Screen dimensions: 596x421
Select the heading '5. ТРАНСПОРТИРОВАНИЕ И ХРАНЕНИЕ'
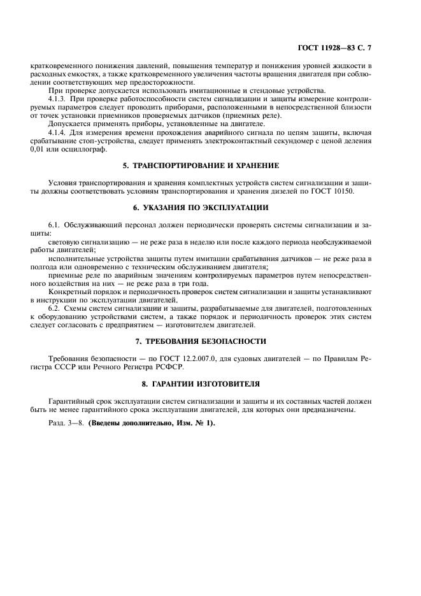[x=210, y=166]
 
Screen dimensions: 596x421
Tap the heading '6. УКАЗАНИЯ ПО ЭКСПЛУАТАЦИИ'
[x=210, y=208]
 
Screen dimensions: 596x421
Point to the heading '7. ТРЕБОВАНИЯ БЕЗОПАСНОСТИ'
[x=210, y=341]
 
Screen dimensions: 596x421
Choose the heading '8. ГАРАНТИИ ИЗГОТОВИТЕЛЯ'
[x=210, y=383]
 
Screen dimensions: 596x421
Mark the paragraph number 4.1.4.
[x=59, y=132]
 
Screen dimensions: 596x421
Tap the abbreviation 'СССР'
[x=69, y=367]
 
